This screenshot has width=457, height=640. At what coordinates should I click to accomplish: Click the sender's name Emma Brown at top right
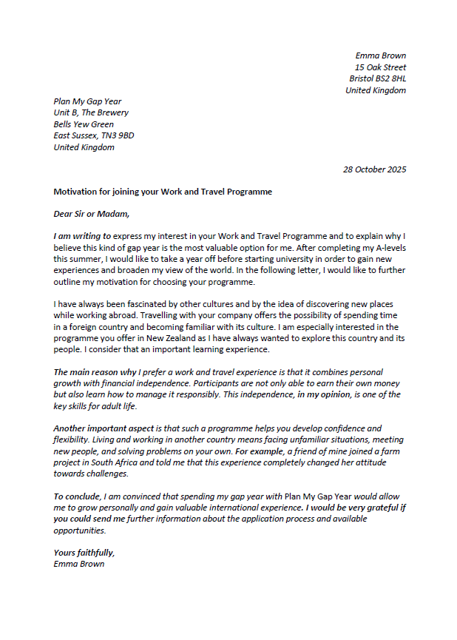380,55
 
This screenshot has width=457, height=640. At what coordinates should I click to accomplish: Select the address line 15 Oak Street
380,67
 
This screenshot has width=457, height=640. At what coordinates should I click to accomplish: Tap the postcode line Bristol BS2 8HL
377,78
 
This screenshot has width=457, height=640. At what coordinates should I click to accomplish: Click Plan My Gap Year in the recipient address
87,101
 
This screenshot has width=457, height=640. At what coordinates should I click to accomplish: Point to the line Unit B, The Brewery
91,112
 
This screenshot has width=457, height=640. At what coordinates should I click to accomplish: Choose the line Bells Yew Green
84,124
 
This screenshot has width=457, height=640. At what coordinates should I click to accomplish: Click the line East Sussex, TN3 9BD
93,135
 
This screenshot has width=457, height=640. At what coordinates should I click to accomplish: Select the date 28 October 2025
374,169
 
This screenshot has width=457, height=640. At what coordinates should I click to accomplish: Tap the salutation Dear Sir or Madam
91,215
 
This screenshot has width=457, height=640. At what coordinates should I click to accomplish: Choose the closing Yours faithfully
84,553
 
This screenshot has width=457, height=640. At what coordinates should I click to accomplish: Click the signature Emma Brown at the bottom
78,564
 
